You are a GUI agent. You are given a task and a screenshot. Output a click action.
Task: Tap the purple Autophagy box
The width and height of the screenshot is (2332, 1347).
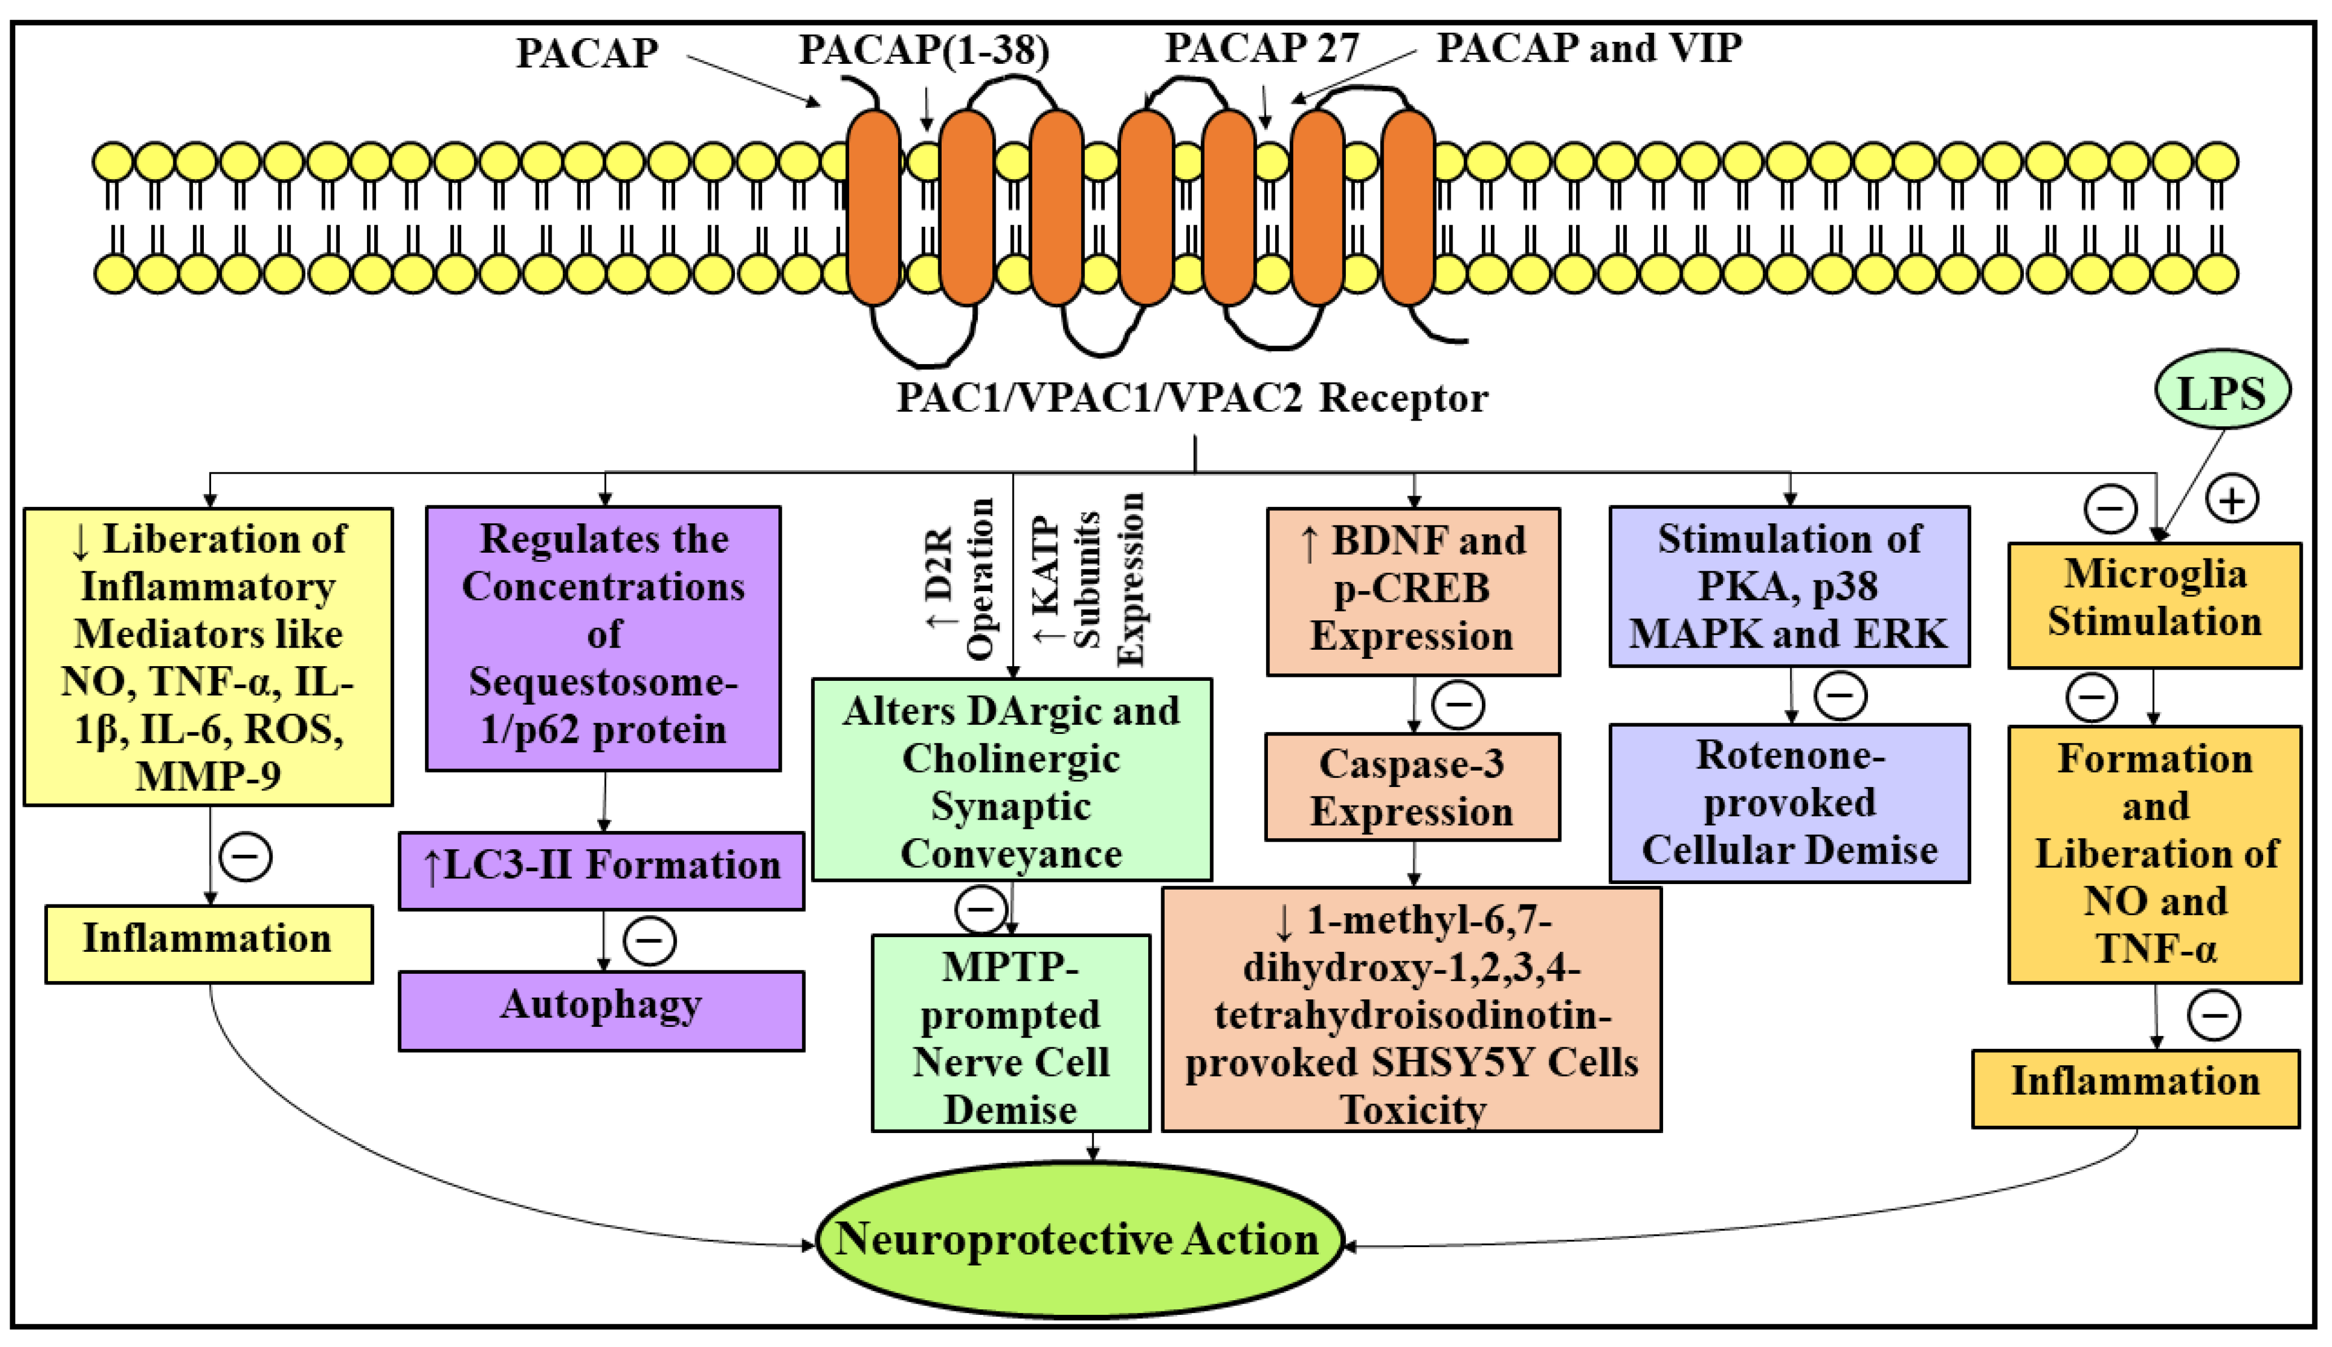coord(601,1011)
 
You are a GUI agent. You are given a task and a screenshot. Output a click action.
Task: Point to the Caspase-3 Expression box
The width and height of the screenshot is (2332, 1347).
coord(1412,788)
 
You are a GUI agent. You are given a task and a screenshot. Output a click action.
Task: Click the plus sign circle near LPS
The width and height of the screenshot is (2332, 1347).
coord(2232,500)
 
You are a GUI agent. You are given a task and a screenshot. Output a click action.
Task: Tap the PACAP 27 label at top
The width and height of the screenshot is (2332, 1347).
coord(1262,48)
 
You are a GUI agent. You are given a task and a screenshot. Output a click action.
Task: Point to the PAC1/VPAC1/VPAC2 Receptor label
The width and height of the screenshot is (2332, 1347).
coord(1192,398)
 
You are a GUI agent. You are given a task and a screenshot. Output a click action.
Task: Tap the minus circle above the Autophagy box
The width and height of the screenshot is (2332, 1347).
coord(649,941)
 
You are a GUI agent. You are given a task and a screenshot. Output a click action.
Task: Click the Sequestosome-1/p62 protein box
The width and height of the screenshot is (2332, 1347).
coord(603,637)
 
